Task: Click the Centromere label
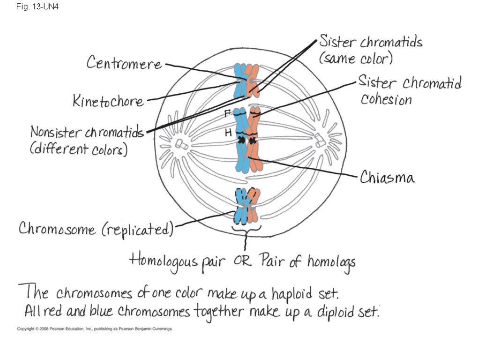point(124,63)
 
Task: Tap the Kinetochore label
point(108,101)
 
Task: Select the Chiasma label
point(387,178)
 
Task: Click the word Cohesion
point(386,99)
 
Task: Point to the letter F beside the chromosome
point(227,113)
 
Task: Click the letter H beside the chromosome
point(228,133)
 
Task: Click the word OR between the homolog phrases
point(243,261)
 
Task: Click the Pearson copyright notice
point(95,329)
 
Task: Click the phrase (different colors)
point(79,150)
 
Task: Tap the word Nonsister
point(55,132)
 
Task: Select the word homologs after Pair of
point(331,262)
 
